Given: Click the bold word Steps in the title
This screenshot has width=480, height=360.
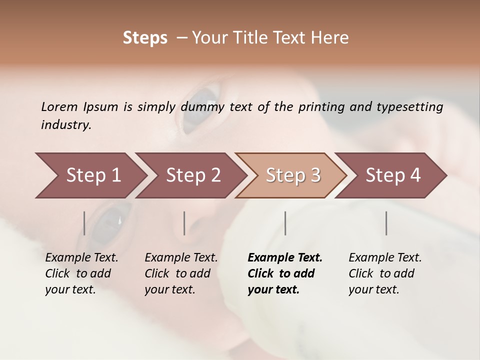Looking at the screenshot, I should point(145,38).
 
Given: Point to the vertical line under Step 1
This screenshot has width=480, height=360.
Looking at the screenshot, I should point(84,223).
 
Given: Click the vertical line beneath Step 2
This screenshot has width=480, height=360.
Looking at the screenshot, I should point(184,223).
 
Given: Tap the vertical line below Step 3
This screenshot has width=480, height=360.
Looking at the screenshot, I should point(285,223).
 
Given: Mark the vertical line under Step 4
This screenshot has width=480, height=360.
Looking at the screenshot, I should point(386,223).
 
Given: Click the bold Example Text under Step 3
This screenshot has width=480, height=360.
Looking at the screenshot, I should point(285,258).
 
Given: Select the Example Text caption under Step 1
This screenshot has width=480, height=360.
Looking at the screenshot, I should point(81,258).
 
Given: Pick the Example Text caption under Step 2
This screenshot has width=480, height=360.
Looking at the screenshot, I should point(181,258).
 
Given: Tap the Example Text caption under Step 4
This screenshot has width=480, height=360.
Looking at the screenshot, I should point(385,258).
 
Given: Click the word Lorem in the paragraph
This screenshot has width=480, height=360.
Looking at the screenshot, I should point(59,107).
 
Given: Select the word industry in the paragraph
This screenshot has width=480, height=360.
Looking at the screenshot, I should point(66,125).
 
